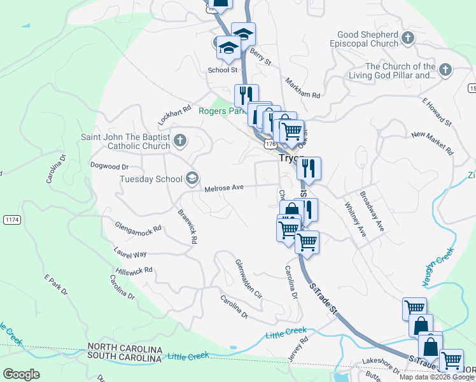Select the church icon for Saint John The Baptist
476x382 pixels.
click(180, 141)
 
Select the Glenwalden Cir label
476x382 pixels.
click(248, 279)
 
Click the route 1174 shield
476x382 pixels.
click(11, 219)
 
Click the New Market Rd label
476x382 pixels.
click(431, 143)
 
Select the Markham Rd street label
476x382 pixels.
click(302, 90)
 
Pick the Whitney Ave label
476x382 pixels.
click(355, 220)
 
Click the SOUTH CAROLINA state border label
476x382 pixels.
click(125, 359)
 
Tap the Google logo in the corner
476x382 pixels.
click(20, 374)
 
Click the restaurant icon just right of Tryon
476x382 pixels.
click(309, 169)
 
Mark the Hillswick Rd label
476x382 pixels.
click(134, 270)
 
